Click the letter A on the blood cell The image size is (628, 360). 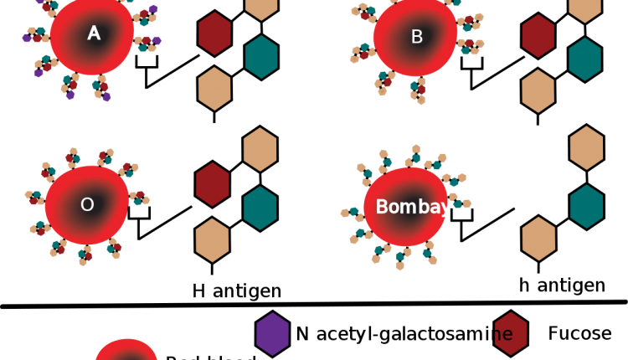point(94,33)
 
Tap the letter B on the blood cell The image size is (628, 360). point(417,37)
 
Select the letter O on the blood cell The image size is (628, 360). point(87,204)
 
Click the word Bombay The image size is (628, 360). point(413,207)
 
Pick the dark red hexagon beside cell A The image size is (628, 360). point(214,33)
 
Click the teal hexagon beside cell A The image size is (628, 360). point(261,57)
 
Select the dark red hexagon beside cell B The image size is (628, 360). point(538,36)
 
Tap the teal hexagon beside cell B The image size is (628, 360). point(585,59)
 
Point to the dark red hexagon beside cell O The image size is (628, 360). point(213,184)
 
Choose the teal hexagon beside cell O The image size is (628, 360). point(260,208)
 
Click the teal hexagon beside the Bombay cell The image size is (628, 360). point(587,206)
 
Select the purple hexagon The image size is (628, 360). point(273,334)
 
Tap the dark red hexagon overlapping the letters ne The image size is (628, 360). point(511,333)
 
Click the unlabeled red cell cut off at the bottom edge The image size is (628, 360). point(126,351)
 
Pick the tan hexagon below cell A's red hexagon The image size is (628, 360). point(214,89)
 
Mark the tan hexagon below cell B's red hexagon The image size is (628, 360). point(538,91)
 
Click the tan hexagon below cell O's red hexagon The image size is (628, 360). point(213,240)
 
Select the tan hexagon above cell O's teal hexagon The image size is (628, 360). point(260,149)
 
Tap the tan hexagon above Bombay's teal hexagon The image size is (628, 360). point(587,147)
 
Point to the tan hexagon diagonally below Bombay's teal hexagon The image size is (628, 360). point(539,239)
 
